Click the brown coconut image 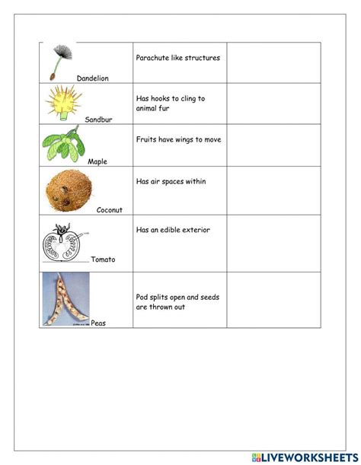[66, 189]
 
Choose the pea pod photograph [66, 299]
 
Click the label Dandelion [93, 78]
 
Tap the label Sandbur [98, 119]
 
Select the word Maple [97, 161]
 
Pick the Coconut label [109, 210]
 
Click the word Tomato [103, 260]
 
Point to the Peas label [98, 323]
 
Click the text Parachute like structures [177, 57]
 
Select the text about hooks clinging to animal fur [170, 104]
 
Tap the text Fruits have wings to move [179, 140]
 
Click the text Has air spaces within [171, 182]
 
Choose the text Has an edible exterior [173, 230]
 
